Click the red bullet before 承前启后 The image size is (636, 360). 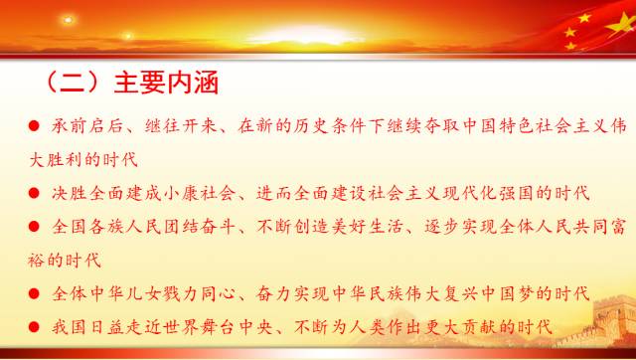[x=34, y=126]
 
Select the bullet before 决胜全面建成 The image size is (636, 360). [x=34, y=193]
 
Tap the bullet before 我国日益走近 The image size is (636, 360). [x=34, y=326]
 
